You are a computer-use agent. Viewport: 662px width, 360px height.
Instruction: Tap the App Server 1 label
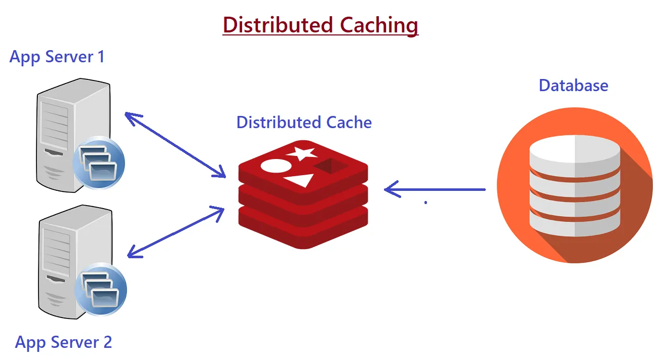(x=57, y=56)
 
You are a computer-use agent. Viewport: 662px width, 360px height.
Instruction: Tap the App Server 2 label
(x=63, y=342)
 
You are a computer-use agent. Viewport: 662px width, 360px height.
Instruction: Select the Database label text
(x=573, y=85)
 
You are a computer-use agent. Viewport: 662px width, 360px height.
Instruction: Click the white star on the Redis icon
(x=301, y=152)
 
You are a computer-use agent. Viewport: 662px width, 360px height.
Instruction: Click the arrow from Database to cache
(x=436, y=190)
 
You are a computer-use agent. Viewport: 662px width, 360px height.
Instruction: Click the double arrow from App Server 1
(x=175, y=144)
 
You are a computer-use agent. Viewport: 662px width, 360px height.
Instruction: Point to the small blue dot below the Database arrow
(x=425, y=202)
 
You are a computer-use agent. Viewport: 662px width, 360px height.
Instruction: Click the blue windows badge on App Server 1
(x=98, y=162)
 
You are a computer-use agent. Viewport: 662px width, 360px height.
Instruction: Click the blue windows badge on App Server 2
(x=100, y=289)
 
